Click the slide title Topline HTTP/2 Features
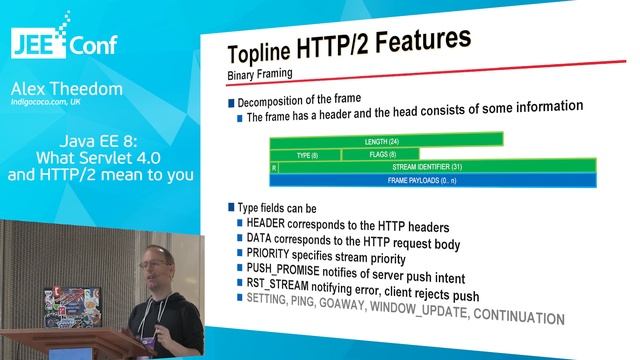point(349,49)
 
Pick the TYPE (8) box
point(306,155)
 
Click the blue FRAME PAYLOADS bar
point(433,180)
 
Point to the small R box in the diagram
point(274,167)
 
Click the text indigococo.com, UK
point(60,102)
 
